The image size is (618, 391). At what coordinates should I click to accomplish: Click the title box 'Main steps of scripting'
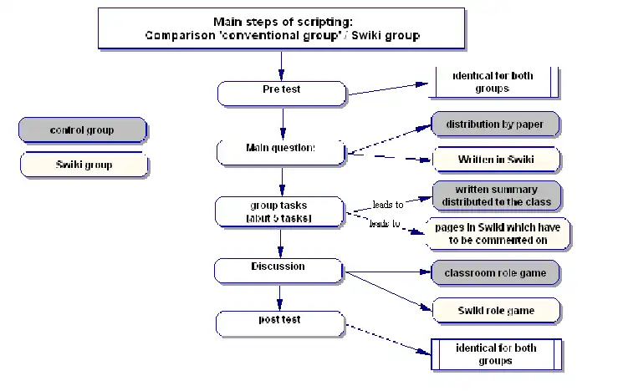(x=281, y=28)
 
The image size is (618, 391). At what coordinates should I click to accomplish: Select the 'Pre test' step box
(x=282, y=93)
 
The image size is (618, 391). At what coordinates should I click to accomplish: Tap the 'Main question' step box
(x=281, y=151)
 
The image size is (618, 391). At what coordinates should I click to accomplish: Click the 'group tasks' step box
(x=279, y=211)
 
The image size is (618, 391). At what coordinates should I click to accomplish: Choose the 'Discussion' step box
(x=278, y=270)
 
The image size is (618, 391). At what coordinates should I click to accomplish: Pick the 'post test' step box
(x=279, y=322)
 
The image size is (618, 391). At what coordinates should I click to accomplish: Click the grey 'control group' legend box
(x=82, y=130)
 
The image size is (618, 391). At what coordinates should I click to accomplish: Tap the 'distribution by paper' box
(x=494, y=125)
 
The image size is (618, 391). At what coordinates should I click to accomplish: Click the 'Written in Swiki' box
(x=496, y=160)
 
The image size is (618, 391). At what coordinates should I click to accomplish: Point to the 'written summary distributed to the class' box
(x=496, y=195)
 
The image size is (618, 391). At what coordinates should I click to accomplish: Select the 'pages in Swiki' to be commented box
(x=498, y=234)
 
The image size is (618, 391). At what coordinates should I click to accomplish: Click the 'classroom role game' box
(x=494, y=273)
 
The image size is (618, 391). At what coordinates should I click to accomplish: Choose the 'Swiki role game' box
(x=495, y=310)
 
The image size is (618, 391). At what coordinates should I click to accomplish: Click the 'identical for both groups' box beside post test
(x=495, y=354)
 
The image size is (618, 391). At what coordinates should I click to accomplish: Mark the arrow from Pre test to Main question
(x=283, y=122)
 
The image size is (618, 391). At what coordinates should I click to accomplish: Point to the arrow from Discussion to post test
(x=279, y=297)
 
